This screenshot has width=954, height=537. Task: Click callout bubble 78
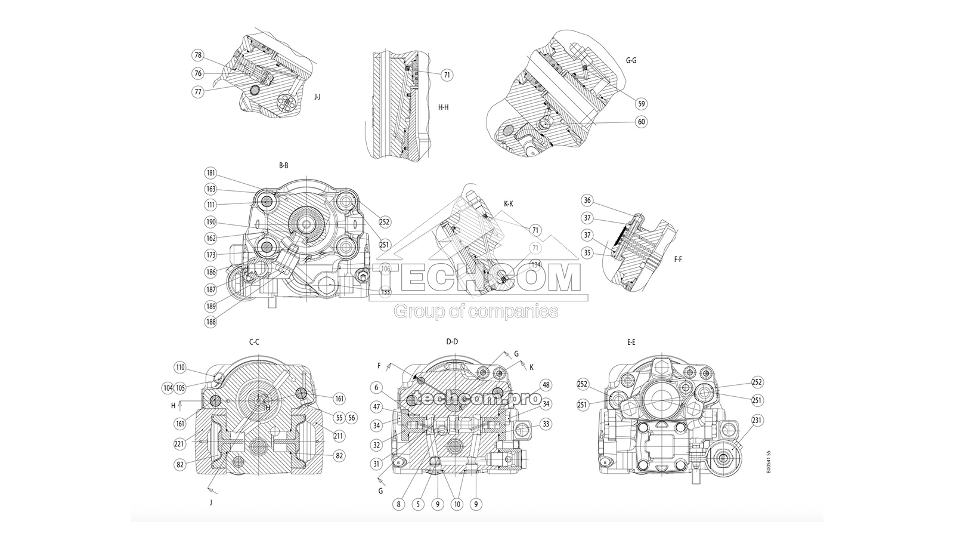point(198,55)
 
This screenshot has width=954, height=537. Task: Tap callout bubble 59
point(641,103)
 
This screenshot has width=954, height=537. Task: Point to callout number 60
point(641,122)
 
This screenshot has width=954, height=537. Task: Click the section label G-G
point(631,60)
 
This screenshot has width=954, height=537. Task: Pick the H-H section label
point(443,108)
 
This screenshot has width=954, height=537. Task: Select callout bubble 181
point(210,173)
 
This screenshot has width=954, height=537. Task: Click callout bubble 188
point(210,322)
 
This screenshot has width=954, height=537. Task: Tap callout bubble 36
point(587,200)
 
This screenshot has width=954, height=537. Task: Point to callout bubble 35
point(587,253)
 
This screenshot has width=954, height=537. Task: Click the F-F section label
point(677,260)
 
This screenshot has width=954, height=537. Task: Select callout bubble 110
point(180,367)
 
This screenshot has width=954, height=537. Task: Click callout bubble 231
point(757,420)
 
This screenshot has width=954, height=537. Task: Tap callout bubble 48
point(546,384)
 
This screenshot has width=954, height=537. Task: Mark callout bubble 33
point(546,424)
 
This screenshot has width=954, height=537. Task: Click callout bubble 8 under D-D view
point(398,504)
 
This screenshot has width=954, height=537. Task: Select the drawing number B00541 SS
point(769,462)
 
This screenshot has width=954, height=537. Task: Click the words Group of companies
point(476,311)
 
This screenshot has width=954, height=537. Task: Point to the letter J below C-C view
point(210,502)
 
